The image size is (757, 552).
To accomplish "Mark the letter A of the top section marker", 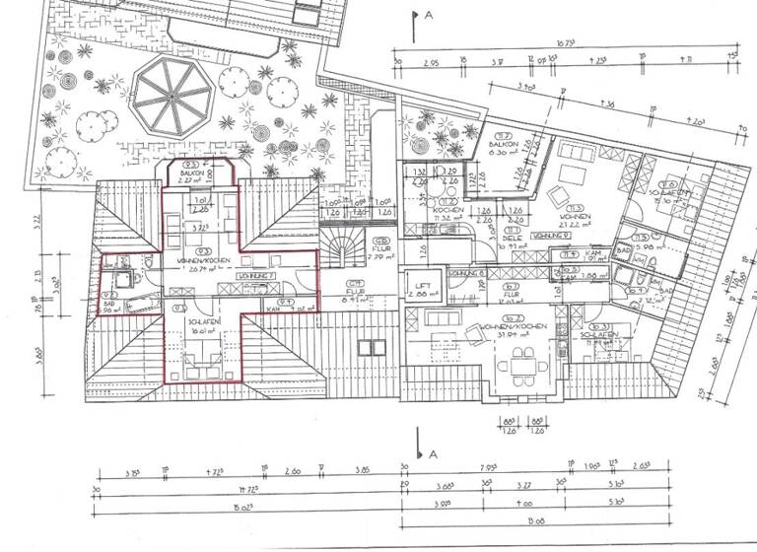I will (431, 17).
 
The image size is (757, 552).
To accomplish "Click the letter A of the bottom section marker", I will (431, 453).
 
